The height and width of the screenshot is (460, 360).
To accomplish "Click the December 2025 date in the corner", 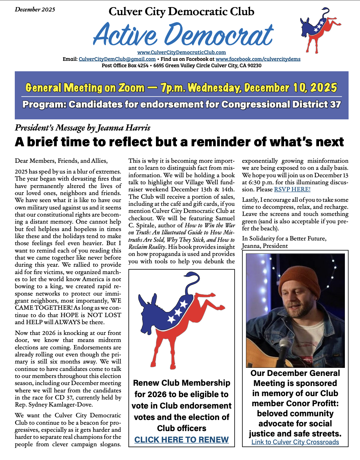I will click(35, 9).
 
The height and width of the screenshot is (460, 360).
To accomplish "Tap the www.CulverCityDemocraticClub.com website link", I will click(182, 52).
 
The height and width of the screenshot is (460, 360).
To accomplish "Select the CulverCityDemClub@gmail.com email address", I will click(117, 59).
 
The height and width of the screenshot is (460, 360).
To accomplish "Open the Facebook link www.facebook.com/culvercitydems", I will click(258, 59).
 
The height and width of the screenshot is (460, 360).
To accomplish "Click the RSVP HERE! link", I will click(292, 189).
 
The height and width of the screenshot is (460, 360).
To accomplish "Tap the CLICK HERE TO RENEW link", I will click(182, 440).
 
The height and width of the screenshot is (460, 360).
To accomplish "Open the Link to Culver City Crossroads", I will click(295, 442).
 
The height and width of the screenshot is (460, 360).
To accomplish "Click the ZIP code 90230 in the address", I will click(254, 66).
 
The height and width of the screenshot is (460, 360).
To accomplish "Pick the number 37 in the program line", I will click(335, 105).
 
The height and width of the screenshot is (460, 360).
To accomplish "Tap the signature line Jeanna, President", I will click(265, 246).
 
